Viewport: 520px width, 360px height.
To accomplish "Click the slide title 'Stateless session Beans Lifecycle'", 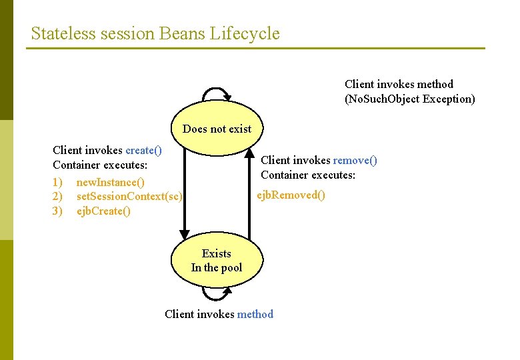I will tap(155, 33).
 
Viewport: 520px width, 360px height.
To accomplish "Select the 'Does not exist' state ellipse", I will tap(217, 129).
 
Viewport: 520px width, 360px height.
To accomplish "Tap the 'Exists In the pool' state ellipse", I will tap(217, 261).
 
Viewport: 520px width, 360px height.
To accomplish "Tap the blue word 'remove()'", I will tap(355, 160).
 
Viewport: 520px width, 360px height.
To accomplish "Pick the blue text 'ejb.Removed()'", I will tap(291, 195).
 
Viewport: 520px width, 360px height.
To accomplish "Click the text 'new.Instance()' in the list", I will tap(110, 182).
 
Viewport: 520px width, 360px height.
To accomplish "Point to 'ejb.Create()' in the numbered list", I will tap(103, 211).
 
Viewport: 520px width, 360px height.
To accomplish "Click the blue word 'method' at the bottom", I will tap(255, 314).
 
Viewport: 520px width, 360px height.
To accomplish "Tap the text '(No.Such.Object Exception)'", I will tap(409, 99).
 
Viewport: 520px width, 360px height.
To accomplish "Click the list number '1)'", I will tap(57, 182).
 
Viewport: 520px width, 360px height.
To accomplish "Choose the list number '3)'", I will tap(57, 211).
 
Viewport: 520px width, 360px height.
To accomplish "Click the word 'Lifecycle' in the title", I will tap(245, 33).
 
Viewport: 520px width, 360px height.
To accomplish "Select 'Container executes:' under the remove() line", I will tap(308, 175).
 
